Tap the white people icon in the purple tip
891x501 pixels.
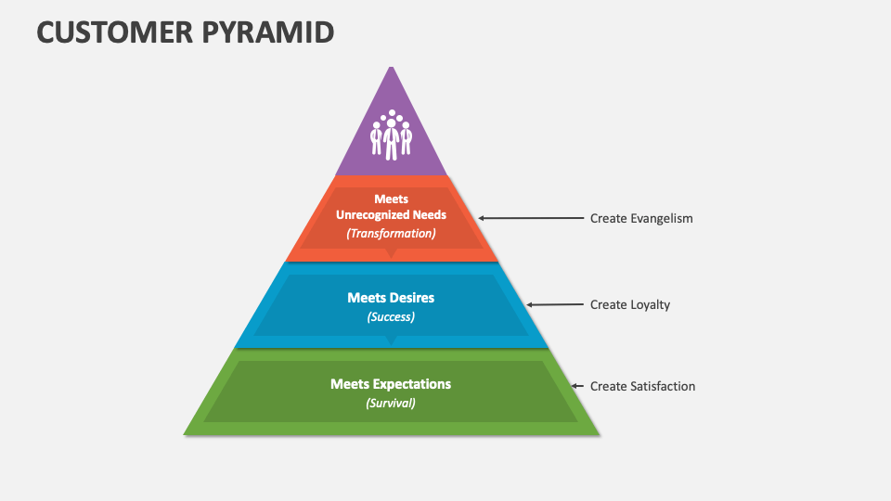pos(391,135)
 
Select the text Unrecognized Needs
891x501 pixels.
pos(391,214)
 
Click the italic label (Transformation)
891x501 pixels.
pos(391,234)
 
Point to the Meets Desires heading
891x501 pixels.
pos(391,298)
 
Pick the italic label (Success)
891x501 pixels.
pos(391,316)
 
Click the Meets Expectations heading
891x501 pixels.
pos(391,383)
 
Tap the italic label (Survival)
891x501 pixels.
pos(391,403)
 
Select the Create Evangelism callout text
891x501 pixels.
pos(641,219)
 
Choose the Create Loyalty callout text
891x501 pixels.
pos(629,304)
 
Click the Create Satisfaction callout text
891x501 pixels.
pos(642,386)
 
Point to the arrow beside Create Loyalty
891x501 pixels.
pos(554,304)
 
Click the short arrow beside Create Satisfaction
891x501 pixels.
pos(577,386)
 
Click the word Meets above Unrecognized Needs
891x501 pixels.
pos(391,199)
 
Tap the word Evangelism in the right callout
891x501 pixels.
pos(660,219)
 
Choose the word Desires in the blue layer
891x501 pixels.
pos(412,298)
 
